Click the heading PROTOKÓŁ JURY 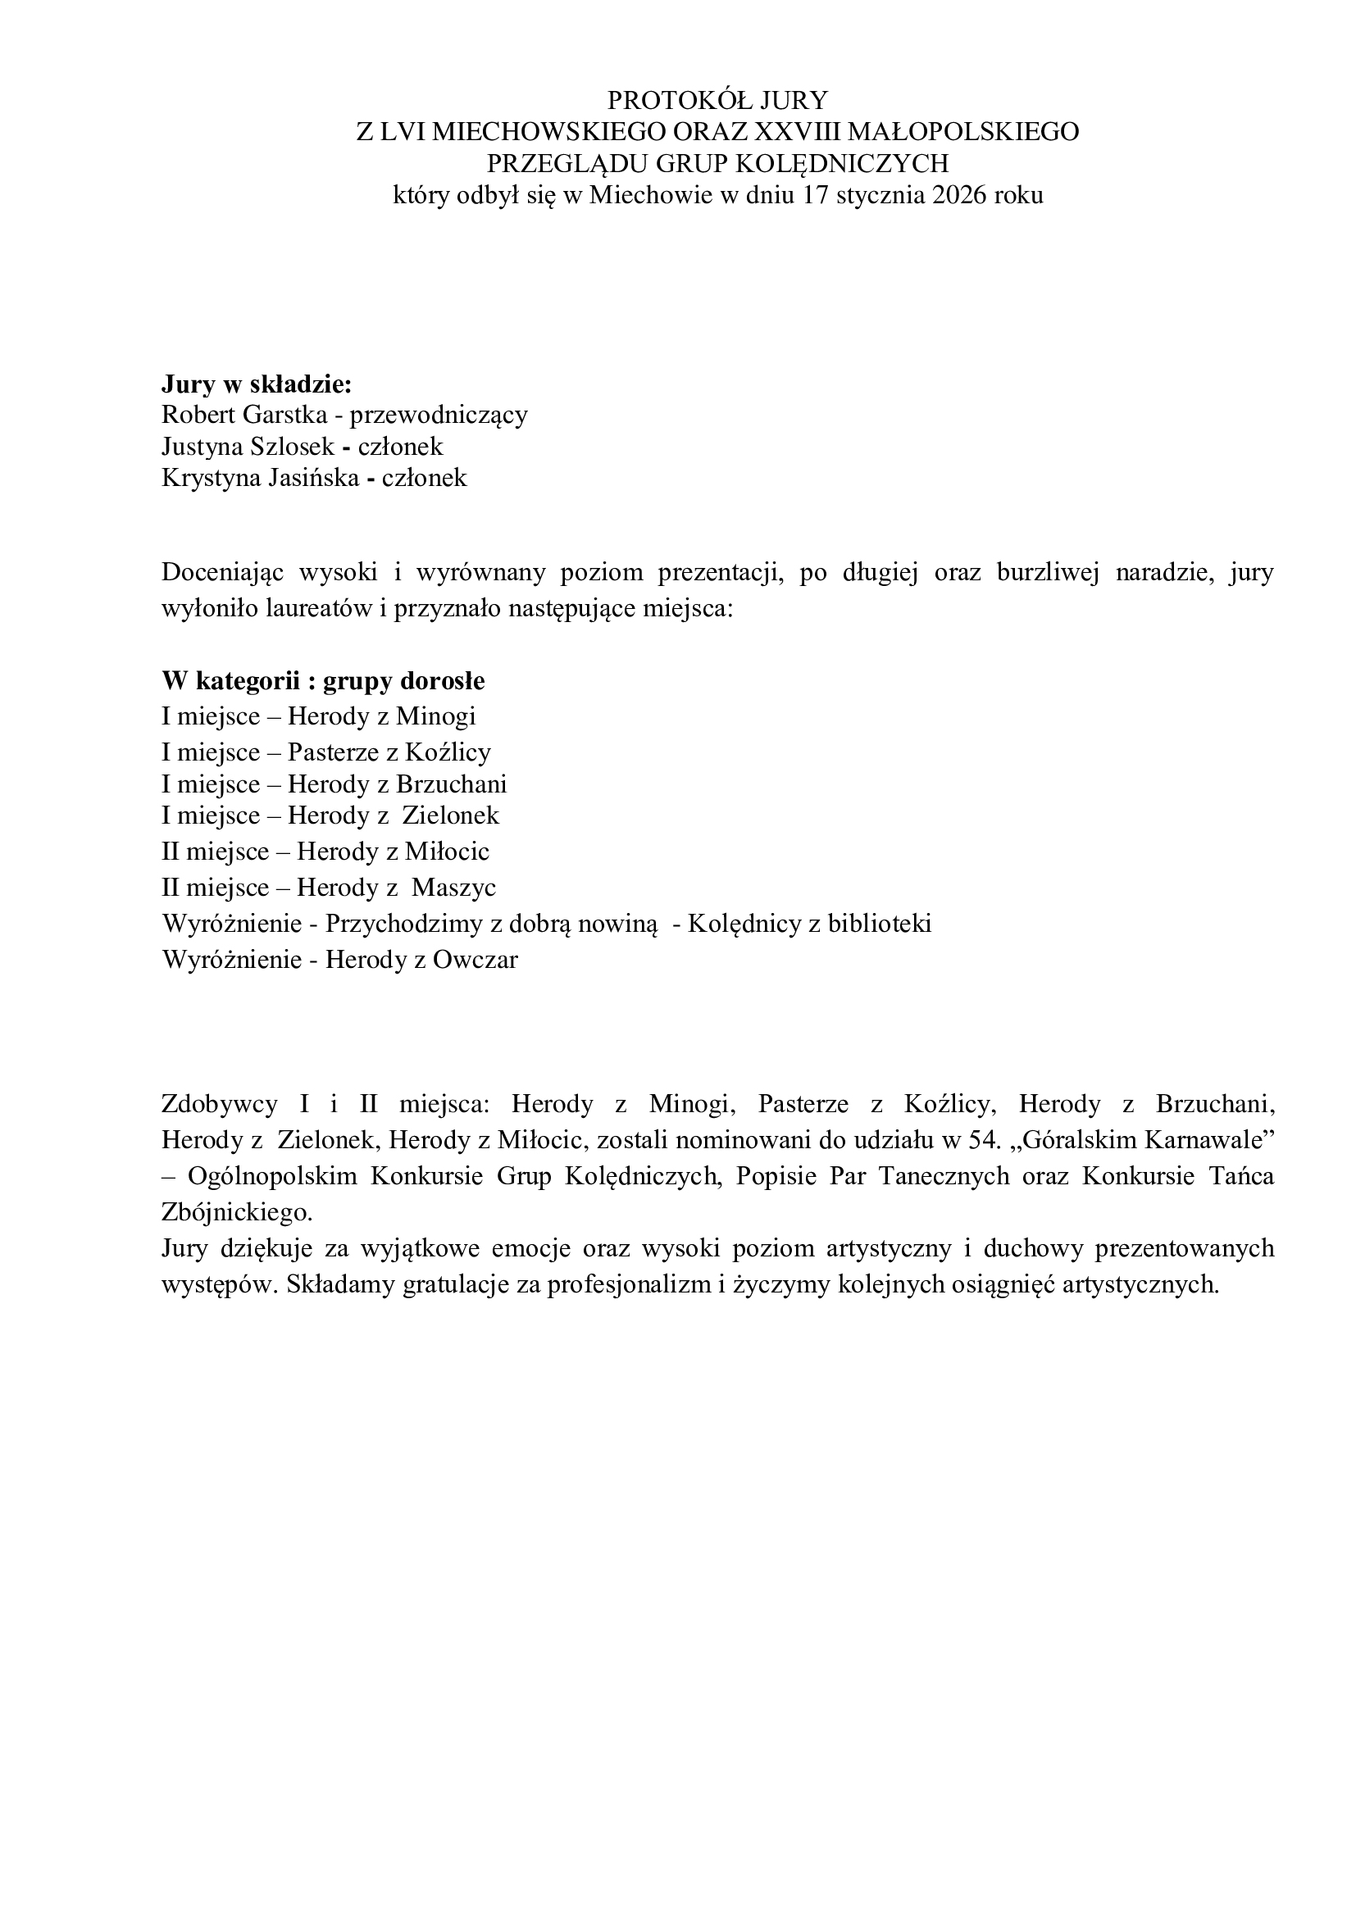pyautogui.click(x=717, y=100)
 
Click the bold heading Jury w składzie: pyautogui.click(x=257, y=384)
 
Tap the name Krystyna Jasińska pyautogui.click(x=260, y=479)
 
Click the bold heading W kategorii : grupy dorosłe pyautogui.click(x=323, y=681)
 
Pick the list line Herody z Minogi pyautogui.click(x=381, y=716)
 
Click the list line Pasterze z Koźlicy pyautogui.click(x=389, y=752)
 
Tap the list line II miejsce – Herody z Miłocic pyautogui.click(x=325, y=852)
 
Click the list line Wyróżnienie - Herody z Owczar pyautogui.click(x=340, y=960)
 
